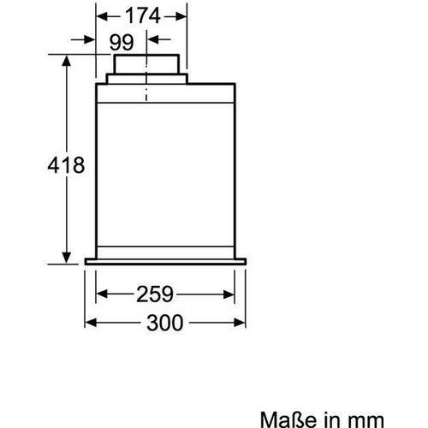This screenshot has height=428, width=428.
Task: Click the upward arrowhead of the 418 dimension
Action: [x=68, y=59]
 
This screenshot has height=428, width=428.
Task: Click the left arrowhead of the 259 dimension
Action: [x=100, y=294]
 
